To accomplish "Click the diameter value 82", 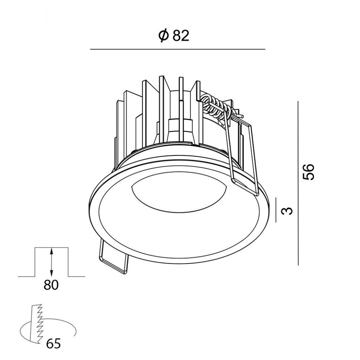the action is (x=181, y=36).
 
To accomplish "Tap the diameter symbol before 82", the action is (x=164, y=36).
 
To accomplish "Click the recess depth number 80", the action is (x=51, y=285).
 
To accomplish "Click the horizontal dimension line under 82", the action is (x=178, y=49).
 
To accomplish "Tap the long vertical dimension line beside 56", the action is (x=298, y=183).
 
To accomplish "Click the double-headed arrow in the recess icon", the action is (x=52, y=262).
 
